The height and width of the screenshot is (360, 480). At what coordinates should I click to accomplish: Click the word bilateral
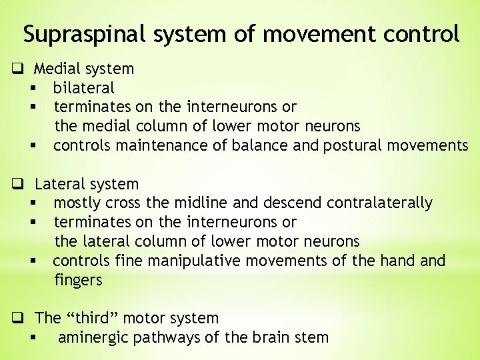click(84, 87)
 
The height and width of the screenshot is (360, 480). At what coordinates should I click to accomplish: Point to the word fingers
click(78, 280)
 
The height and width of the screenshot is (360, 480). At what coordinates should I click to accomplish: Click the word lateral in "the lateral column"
click(105, 241)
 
